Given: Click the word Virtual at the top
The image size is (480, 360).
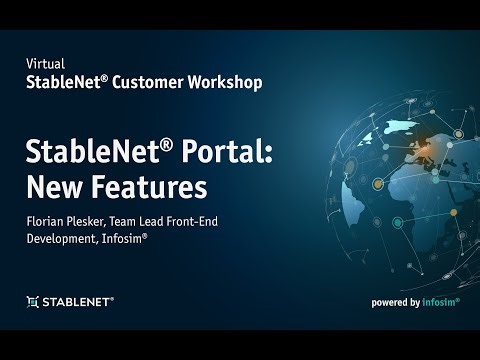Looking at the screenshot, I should click(42, 63).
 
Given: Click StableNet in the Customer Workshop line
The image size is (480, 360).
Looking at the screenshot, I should click(63, 82).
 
